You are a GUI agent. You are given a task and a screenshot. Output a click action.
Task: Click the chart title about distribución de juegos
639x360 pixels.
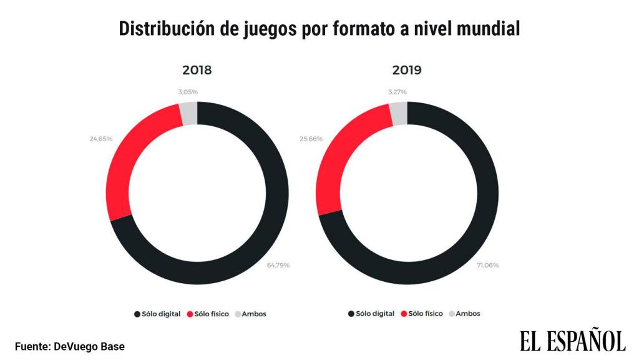point(319,28)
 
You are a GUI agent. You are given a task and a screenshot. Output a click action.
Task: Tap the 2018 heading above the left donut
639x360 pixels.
point(197,70)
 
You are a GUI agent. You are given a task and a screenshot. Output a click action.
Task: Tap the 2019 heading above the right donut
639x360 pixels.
point(406,70)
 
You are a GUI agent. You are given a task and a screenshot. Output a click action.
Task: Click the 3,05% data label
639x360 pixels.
point(187,92)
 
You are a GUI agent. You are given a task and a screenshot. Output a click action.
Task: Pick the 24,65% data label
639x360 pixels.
point(100,138)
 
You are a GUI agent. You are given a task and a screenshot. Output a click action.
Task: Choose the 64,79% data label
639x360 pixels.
point(278,265)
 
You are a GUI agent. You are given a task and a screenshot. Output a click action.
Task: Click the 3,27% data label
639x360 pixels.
point(397,92)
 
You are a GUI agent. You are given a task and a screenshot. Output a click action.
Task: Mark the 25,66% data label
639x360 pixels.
point(311,138)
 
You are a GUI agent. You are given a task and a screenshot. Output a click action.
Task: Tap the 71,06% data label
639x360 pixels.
point(487,265)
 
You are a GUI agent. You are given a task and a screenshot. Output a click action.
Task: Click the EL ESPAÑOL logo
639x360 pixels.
point(572,341)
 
